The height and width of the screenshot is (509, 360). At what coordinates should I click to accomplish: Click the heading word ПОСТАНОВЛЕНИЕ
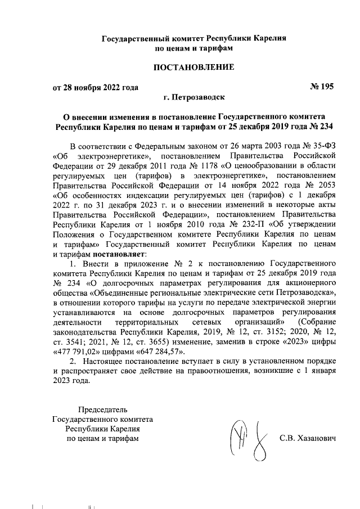coord(193,67)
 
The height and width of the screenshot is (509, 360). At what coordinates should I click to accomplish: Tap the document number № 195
coord(322,87)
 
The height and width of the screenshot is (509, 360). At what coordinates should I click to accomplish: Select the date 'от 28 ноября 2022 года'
coord(96,87)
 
